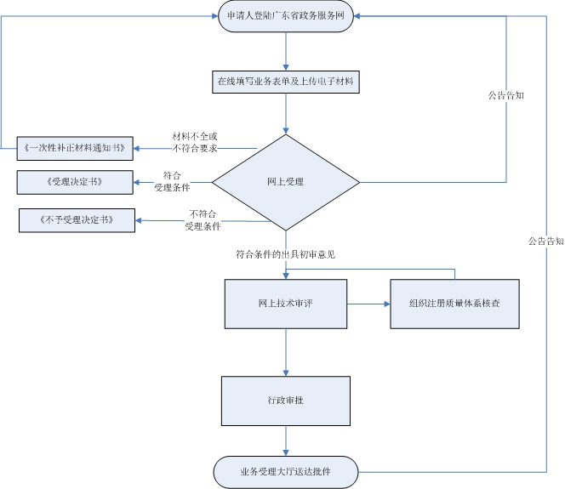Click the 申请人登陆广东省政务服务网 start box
tap(286, 17)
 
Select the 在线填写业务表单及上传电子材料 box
tap(285, 82)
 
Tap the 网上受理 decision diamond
tap(285, 181)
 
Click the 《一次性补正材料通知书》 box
tap(75, 147)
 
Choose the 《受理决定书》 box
tap(75, 181)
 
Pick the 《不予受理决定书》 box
tap(77, 221)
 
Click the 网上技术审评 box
tap(286, 303)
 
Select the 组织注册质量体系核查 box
tap(454, 303)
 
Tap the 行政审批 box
tap(286, 401)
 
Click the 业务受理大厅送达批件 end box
tap(286, 469)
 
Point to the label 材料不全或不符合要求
tap(195, 142)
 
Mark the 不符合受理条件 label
tap(203, 220)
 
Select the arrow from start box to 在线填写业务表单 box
tap(286, 53)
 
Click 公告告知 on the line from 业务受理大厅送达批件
tap(545, 242)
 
